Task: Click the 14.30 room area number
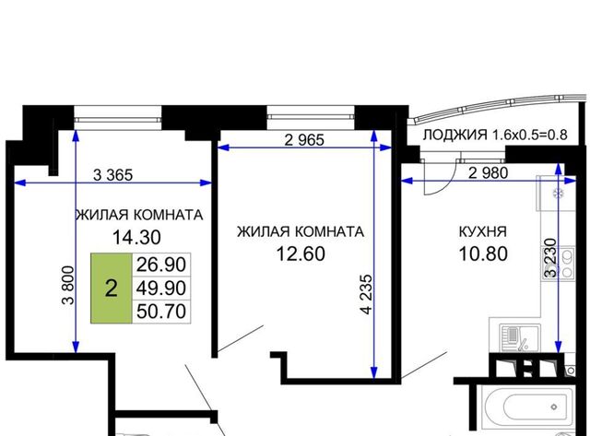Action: pos(136,238)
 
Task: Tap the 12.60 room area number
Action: pos(301,253)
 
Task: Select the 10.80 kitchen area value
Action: pos(483,253)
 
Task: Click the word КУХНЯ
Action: pos(483,231)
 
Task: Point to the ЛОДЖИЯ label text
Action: pos(454,135)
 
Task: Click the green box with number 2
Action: pos(111,289)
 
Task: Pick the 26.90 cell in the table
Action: pos(161,265)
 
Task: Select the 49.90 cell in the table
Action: pos(161,289)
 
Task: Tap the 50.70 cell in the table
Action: pos(161,312)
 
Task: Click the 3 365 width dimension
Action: pos(112,175)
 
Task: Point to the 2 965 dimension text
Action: pos(304,140)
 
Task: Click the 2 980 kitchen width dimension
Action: pos(489,172)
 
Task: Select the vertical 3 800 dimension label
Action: pos(69,285)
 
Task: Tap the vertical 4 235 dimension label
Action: pos(366,294)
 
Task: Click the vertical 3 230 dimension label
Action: pos(550,258)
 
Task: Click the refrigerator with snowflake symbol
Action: pos(557,194)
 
